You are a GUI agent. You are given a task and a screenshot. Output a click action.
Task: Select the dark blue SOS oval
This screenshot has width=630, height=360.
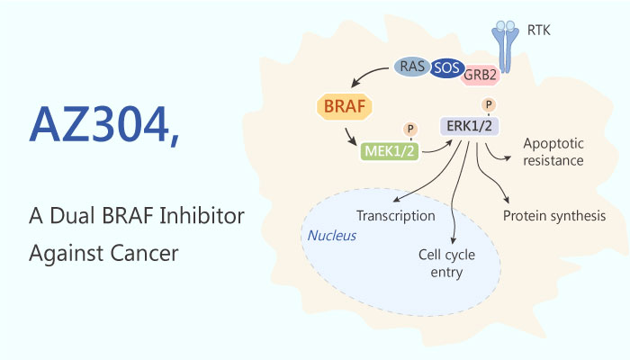(443, 67)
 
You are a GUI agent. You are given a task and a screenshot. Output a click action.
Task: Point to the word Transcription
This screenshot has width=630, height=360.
(395, 216)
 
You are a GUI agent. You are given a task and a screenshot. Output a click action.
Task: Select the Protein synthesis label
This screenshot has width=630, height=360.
(553, 216)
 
